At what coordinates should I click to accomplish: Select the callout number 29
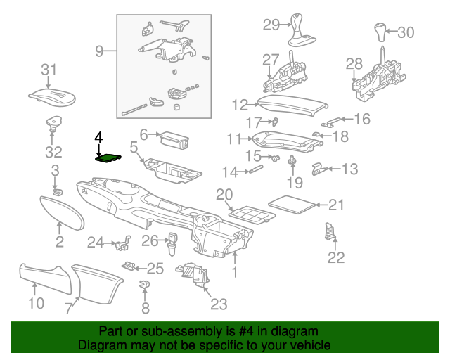point(271,25)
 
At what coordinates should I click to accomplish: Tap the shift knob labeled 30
point(382,32)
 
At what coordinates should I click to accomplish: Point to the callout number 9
point(99,51)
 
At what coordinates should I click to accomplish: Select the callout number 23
point(219,304)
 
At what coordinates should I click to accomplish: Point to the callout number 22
point(336,257)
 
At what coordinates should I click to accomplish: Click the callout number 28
point(354,65)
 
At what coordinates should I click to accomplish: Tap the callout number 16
point(361,119)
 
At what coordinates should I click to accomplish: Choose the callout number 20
point(224,194)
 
